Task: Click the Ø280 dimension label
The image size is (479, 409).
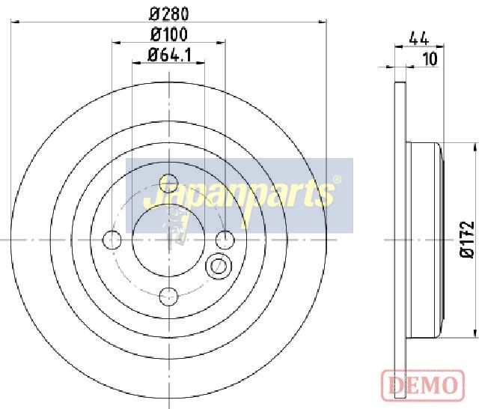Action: pos(169,13)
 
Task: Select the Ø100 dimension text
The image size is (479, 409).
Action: pos(169,34)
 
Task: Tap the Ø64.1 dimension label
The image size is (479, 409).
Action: pos(170,55)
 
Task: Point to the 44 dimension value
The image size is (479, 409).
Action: pos(419,38)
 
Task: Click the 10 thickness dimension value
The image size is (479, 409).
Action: pos(430,58)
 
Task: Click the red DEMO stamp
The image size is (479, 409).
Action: pos(423,383)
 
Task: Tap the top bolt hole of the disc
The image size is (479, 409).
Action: pos(168,184)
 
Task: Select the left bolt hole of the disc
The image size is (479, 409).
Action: pos(112,240)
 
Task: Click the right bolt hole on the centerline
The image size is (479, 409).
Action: pos(225,240)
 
